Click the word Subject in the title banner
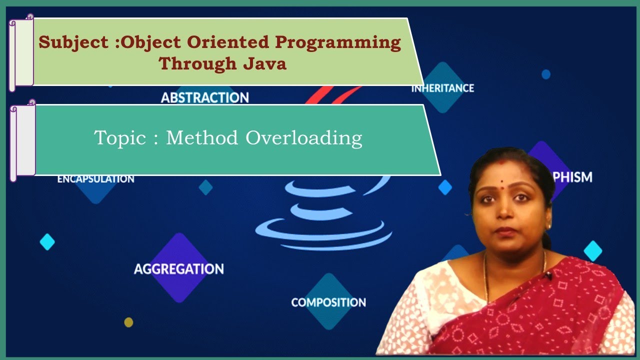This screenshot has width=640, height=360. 74,42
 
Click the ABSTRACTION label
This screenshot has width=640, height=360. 205,97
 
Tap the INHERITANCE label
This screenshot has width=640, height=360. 442,88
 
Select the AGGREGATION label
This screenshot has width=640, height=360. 178,269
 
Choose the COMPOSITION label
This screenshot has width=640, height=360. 328,302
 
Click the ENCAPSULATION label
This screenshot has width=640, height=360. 95,179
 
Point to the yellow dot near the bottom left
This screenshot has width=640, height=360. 128,322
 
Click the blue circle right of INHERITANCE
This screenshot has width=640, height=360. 546,74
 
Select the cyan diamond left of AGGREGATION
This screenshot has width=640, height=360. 47,242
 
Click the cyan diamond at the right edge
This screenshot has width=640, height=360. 593,251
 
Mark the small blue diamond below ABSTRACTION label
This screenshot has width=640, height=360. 205,187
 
